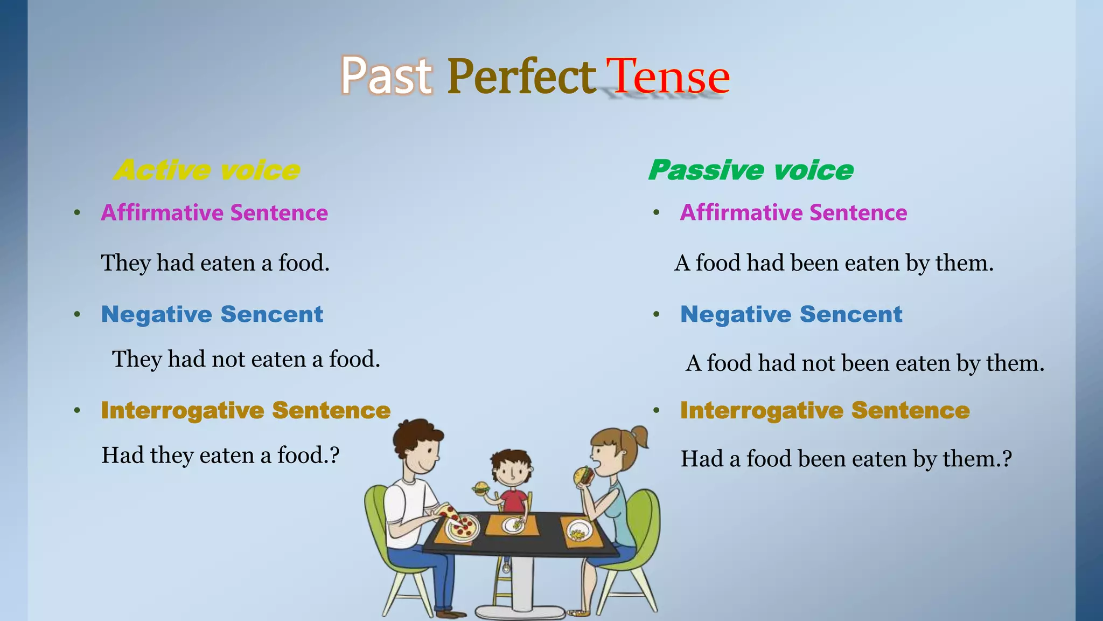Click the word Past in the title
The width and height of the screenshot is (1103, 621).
click(386, 77)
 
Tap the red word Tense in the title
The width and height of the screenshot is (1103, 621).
click(668, 77)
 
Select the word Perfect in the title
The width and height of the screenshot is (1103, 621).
click(521, 77)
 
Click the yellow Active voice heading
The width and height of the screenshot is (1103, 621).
click(207, 170)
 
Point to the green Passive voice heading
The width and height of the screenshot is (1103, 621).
click(751, 170)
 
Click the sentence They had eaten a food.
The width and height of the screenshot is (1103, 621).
click(215, 263)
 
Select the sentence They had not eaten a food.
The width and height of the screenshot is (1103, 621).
click(246, 359)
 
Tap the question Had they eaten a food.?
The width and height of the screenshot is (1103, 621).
click(220, 456)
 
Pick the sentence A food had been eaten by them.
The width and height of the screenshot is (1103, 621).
click(834, 263)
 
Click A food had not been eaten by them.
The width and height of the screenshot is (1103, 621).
click(864, 363)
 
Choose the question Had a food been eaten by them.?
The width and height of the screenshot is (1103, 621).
click(846, 459)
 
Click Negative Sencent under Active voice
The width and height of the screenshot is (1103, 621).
click(212, 314)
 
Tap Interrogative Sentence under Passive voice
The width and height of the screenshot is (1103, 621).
click(825, 411)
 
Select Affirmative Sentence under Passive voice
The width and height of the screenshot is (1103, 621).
click(793, 213)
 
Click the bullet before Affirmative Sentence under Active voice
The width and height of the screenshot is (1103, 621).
click(78, 213)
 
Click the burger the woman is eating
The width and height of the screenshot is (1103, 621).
click(583, 475)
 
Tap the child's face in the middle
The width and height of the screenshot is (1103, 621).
click(511, 470)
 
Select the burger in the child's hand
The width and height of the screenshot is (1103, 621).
click(480, 488)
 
